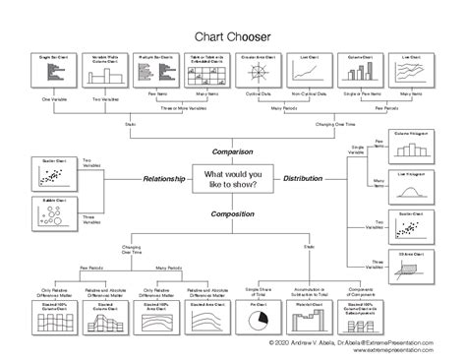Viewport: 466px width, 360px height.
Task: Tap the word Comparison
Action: point(232,152)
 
